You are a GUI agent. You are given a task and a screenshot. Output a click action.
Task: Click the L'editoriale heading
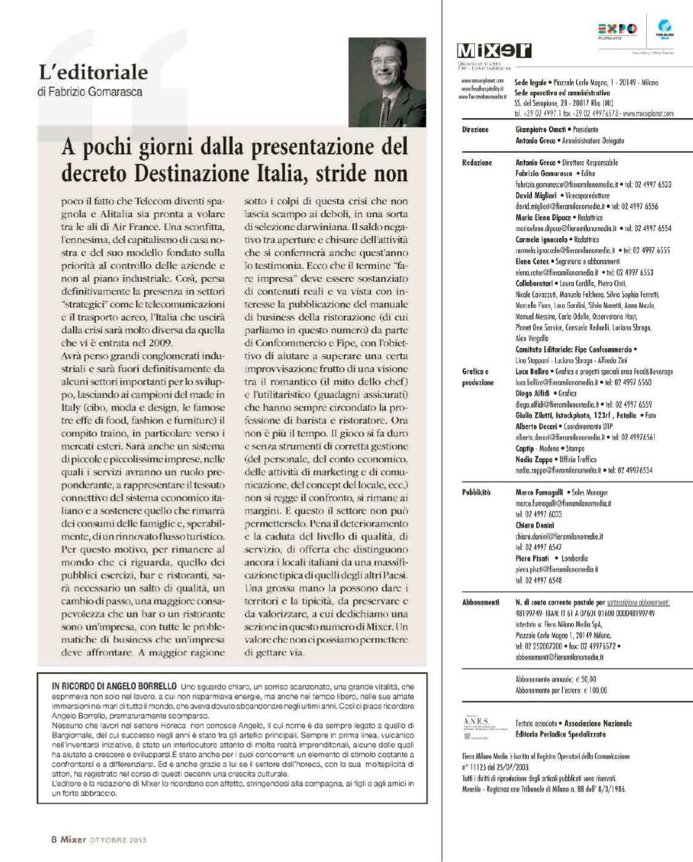[93, 73]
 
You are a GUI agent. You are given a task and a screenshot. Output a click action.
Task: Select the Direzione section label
[475, 130]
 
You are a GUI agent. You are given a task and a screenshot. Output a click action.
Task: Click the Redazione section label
[477, 163]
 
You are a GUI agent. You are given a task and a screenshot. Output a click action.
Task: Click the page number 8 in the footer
[53, 839]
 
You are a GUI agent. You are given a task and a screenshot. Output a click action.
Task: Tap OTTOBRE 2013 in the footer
[117, 839]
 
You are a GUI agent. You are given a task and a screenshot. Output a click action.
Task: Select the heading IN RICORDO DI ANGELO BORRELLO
[116, 686]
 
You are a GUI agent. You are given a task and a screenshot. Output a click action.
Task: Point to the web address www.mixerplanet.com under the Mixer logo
[483, 81]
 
